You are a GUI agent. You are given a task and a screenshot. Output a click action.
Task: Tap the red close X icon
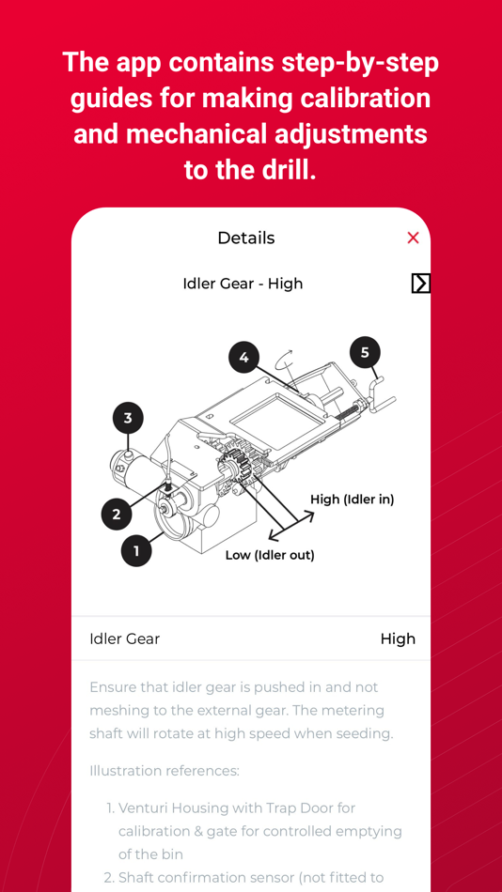413,238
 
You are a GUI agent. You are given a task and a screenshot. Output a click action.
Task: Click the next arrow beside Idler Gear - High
420,283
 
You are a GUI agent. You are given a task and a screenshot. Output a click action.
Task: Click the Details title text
245,238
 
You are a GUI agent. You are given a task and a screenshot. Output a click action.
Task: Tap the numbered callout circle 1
136,550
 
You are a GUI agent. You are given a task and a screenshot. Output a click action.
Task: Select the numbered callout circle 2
117,514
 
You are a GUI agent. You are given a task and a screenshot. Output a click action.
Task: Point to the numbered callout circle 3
128,418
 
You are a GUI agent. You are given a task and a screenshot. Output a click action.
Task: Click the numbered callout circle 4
243,357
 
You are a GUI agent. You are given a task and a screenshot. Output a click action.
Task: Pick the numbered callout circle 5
365,352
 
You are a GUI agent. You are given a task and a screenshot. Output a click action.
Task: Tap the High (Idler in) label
352,500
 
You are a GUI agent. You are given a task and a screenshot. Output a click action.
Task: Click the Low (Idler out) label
270,555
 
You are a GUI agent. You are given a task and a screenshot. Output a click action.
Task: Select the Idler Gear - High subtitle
243,284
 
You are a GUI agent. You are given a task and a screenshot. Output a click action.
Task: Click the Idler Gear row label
124,638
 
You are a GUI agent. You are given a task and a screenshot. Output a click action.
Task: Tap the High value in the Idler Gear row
398,638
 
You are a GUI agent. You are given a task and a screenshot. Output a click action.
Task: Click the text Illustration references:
165,771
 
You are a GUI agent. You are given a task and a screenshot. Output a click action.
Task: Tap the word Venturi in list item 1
147,807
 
